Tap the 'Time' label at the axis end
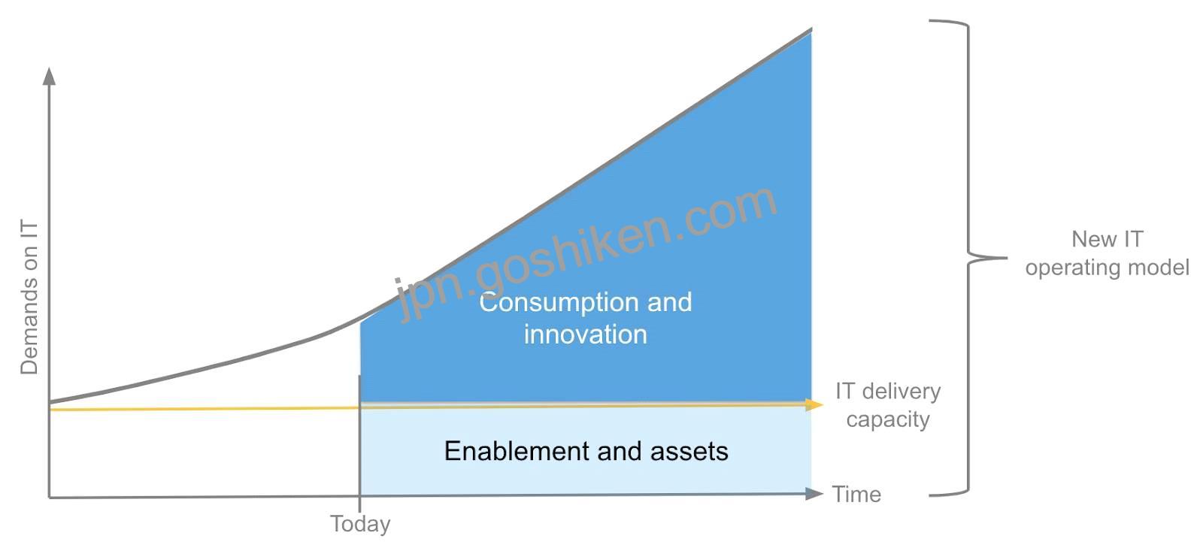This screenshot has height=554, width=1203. click(856, 495)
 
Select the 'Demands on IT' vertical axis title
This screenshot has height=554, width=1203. click(29, 297)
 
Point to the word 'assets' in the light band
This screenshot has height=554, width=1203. click(689, 452)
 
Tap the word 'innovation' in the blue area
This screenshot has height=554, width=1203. click(586, 335)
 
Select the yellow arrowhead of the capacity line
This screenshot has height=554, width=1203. click(814, 404)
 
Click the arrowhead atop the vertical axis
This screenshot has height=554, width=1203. click(50, 76)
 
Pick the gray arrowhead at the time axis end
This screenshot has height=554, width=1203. click(814, 493)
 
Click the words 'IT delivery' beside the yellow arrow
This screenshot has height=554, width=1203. click(888, 392)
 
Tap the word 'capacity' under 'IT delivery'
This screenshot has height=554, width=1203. click(888, 419)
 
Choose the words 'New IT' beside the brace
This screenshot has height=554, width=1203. click(1108, 240)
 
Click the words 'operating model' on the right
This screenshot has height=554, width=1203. click(1108, 268)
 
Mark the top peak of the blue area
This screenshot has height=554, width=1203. click(811, 30)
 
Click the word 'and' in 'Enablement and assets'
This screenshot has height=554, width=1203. click(620, 451)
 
